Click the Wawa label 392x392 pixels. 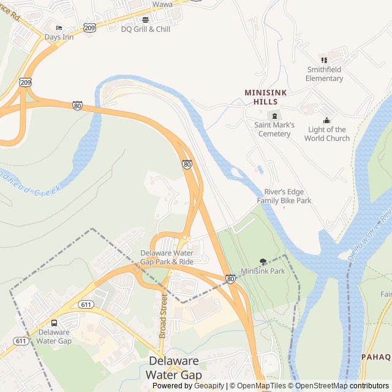[162, 4]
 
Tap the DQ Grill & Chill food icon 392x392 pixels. [145, 20]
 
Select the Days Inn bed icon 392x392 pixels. [59, 28]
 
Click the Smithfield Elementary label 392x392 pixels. [325, 74]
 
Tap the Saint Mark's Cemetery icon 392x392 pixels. [274, 115]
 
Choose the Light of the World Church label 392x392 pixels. [327, 134]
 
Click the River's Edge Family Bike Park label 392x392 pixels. [284, 196]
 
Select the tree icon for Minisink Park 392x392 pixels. [263, 262]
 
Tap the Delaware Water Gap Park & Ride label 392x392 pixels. [167, 257]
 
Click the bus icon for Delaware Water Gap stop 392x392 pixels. [54, 323]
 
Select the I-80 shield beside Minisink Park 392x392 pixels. [230, 279]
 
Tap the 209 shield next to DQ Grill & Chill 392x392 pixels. [90, 28]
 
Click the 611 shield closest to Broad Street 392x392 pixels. [86, 304]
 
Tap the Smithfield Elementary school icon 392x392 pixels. [325, 60]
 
